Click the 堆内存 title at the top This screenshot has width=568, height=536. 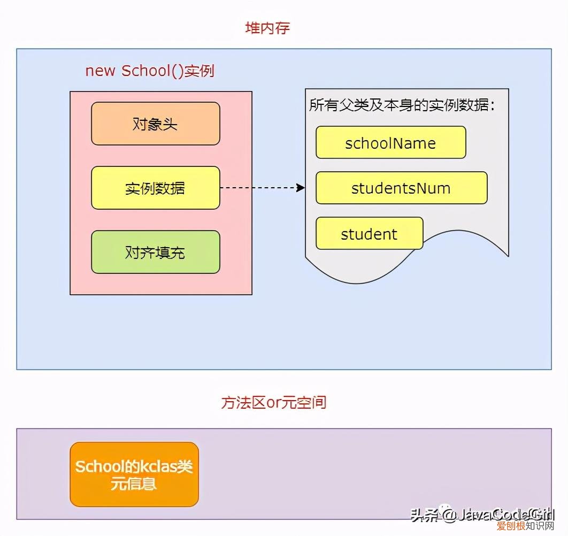(267, 28)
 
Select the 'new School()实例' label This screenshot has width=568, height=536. (150, 71)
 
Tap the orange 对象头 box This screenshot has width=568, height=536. (155, 124)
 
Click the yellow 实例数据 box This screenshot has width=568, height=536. (155, 188)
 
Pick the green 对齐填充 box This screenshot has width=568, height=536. (155, 252)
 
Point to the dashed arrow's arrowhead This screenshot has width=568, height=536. (301, 188)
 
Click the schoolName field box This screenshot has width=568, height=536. (390, 143)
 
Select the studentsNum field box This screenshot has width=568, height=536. (401, 188)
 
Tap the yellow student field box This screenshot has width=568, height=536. (369, 234)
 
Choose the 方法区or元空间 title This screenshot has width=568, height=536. (273, 402)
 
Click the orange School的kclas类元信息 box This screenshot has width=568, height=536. (134, 474)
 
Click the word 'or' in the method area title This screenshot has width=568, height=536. (273, 402)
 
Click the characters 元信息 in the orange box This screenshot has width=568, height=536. (134, 484)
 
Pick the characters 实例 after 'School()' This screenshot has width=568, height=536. (199, 71)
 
